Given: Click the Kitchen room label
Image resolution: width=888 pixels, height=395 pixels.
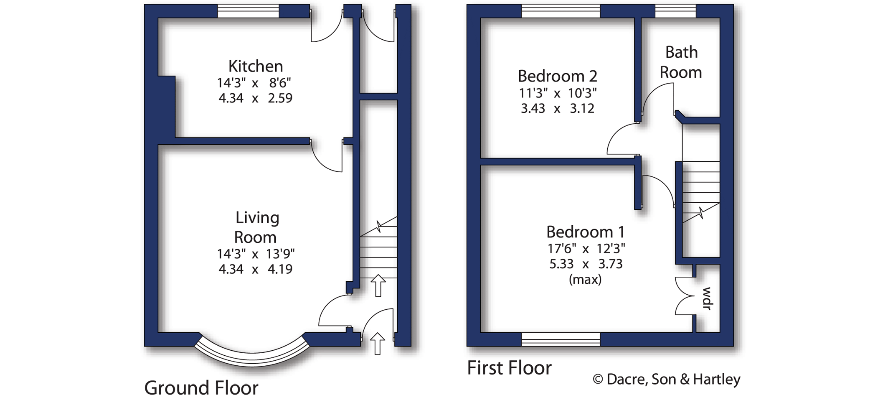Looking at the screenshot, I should pos(255,66).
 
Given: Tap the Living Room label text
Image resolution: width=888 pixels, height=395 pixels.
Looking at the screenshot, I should pos(256,227).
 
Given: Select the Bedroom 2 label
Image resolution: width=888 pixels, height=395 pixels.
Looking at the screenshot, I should pos(557,76).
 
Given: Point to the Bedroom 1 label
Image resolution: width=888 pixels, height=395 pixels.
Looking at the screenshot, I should pos(585,232).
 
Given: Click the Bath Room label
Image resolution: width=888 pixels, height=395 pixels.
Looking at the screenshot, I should pos(681,62).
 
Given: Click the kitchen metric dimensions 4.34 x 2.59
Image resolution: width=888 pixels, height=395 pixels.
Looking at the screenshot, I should pos(255,98).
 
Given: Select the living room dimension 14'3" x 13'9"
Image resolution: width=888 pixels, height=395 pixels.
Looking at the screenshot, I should pos(255,254).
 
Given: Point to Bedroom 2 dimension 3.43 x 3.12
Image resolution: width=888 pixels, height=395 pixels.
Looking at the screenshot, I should pos(557,108).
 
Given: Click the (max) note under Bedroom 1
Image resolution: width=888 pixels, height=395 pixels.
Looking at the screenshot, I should pos(585,279).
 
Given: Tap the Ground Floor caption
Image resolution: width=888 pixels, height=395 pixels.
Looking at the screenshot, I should pos(201,387).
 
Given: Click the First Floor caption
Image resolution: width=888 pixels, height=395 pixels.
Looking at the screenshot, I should pos(509,368).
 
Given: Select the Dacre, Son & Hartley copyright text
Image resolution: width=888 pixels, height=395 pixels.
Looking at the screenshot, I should pos(666,379).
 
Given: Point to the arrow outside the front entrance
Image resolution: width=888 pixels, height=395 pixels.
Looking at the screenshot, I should pos(378,344).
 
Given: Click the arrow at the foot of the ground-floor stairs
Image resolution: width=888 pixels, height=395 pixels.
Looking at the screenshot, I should pos(378,285).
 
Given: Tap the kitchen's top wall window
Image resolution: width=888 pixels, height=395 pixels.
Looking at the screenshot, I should pos(248,11).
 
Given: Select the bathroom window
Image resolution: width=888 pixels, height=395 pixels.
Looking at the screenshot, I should pos(675,11).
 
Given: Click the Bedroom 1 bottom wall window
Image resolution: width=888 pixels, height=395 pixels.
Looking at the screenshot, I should pos(561,339).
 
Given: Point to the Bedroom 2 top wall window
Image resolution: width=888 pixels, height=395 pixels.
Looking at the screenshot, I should pos(561,11).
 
